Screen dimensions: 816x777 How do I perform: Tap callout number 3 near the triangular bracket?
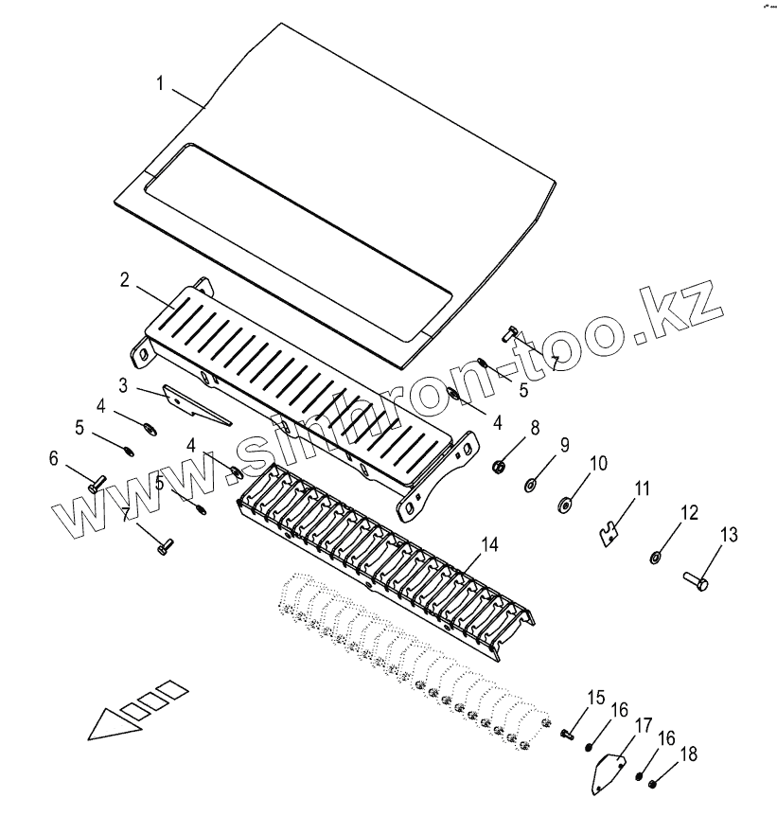tap(123, 384)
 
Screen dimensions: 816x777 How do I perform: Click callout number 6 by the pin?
tap(54, 458)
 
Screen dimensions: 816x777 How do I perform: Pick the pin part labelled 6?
tap(97, 483)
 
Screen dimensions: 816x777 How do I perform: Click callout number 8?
tap(535, 428)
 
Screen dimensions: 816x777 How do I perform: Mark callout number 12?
tap(688, 513)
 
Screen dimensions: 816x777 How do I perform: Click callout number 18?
tap(689, 754)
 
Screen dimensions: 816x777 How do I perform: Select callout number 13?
tap(728, 535)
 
